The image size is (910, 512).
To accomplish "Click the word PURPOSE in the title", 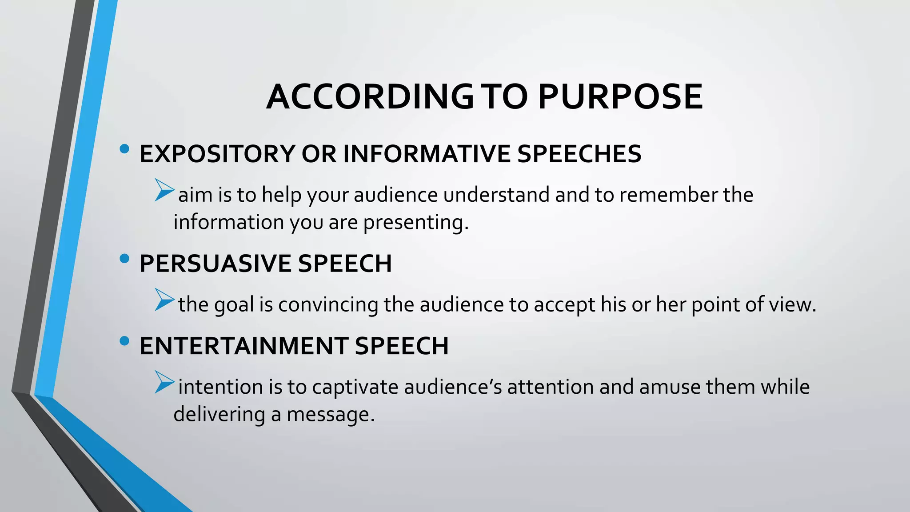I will [x=620, y=96].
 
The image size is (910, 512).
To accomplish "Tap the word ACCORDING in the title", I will [x=370, y=96].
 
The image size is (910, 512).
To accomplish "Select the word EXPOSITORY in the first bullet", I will [x=217, y=154].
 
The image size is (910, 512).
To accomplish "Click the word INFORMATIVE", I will [x=427, y=154].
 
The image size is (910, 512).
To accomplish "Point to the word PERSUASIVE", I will [x=216, y=264].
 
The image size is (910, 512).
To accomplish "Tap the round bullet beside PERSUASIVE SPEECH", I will [x=124, y=258].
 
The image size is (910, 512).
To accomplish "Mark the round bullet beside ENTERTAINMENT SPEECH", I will [x=124, y=341].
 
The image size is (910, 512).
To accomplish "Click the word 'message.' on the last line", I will [x=331, y=415].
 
